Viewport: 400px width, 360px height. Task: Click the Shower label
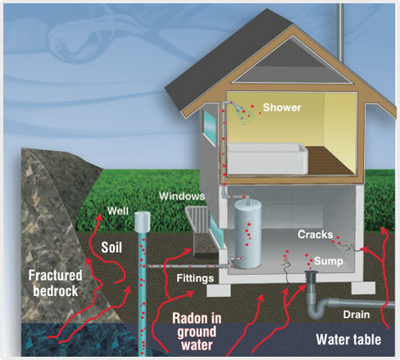282,107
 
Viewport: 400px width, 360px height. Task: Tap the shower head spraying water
239,108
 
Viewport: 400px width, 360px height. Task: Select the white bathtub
268,158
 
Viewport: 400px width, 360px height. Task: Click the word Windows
182,196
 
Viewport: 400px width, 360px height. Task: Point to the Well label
118,211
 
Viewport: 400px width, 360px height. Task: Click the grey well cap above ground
143,221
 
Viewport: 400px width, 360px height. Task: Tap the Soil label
111,248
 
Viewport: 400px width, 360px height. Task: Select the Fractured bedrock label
56,283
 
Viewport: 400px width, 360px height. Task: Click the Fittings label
195,278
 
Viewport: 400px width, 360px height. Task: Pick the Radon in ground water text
197,331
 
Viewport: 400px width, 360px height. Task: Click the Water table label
348,339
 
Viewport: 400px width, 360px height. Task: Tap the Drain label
357,315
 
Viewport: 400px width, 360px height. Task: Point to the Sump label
329,261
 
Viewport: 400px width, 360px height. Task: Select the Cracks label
316,235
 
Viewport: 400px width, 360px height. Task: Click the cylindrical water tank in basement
248,234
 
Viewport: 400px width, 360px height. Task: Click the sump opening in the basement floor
311,272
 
